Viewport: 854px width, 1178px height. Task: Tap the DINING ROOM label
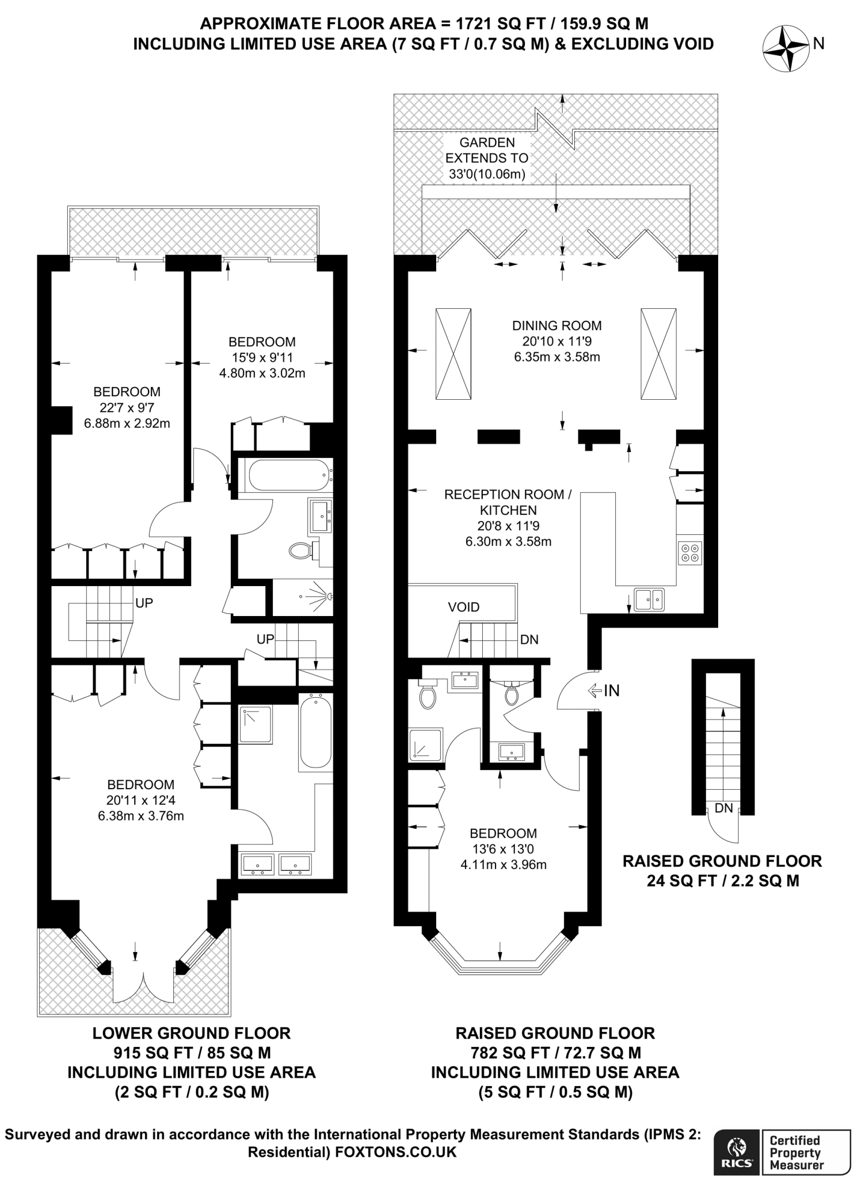click(556, 326)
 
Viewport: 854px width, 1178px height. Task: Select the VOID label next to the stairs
click(463, 607)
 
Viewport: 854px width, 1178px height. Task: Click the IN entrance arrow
click(603, 690)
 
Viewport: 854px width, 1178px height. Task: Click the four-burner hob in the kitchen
click(690, 553)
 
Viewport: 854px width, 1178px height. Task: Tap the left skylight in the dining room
click(453, 354)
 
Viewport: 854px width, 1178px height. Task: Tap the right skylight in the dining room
click(658, 354)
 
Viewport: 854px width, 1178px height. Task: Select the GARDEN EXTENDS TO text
click(487, 150)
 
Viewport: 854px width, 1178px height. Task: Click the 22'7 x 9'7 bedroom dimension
click(127, 408)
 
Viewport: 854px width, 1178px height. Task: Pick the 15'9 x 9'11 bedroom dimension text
click(262, 357)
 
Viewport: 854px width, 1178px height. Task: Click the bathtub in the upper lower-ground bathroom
click(286, 475)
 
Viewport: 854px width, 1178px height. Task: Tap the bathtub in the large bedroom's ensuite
click(315, 731)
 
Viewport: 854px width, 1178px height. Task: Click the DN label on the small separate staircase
click(723, 808)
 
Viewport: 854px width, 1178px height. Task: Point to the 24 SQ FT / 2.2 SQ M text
click(722, 881)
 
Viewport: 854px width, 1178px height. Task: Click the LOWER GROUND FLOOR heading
click(192, 1033)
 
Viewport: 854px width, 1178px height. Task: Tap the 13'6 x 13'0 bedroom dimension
click(503, 849)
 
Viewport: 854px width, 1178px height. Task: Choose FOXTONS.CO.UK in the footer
click(395, 1152)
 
